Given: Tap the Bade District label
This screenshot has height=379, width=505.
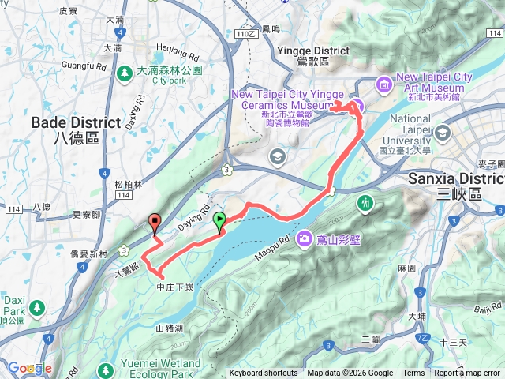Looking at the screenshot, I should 65,129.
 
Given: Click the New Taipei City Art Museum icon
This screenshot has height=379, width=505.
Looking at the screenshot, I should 383,82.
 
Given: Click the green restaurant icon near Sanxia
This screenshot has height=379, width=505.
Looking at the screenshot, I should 365,203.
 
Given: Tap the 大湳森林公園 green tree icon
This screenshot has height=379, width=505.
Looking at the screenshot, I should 125,73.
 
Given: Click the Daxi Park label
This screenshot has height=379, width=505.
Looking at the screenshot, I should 13,310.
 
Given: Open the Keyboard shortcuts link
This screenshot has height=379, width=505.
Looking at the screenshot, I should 264,373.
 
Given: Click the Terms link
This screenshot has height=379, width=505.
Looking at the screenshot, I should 413,373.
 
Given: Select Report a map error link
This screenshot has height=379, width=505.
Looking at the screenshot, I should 468,373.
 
